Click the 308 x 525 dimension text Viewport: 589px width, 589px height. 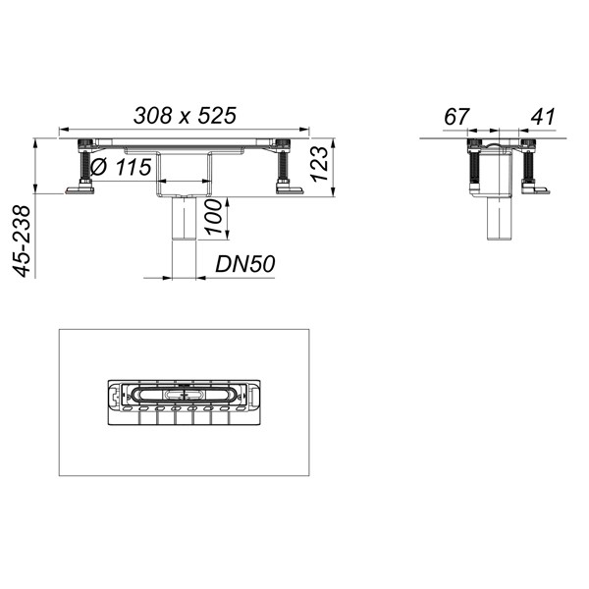coord(186,115)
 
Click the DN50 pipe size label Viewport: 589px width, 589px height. coord(245,265)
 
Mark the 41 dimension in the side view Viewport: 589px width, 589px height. coord(542,117)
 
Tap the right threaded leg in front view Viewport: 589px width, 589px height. coord(286,168)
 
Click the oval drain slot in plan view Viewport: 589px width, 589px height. coord(183,392)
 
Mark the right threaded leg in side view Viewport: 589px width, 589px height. coord(527,166)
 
